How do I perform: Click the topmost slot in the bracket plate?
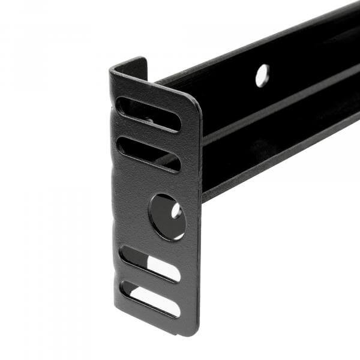tap(148, 114)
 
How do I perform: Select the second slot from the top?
tap(148, 154)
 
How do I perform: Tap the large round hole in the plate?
tap(167, 217)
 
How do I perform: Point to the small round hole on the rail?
tap(262, 76)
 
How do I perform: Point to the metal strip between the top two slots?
tap(148, 134)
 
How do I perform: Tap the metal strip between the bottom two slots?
tap(150, 281)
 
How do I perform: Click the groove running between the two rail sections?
tap(282, 115)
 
